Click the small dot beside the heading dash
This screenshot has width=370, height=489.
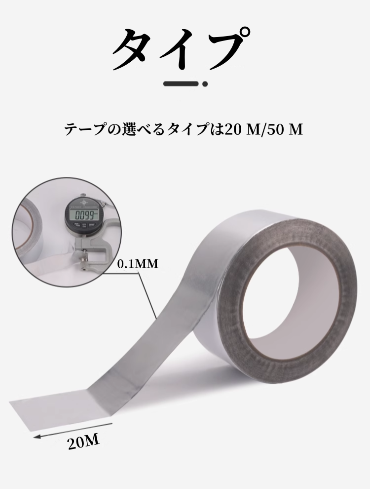point(205,84)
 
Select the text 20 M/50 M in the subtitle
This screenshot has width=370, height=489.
point(263,129)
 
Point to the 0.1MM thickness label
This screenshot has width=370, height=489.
point(138,264)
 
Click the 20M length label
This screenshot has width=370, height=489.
point(84,442)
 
